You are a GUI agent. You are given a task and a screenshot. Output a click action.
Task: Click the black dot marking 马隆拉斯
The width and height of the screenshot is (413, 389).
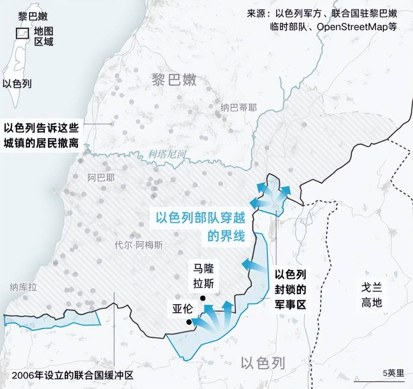[202, 298]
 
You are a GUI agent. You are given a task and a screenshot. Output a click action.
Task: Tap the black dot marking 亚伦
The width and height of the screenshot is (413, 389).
[189, 322]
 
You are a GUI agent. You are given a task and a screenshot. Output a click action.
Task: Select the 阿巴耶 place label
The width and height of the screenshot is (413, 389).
[101, 178]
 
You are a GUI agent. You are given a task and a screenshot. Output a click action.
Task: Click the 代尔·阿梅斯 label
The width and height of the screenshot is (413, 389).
[138, 245]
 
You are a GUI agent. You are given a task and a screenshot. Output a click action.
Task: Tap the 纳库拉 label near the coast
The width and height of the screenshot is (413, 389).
[23, 287]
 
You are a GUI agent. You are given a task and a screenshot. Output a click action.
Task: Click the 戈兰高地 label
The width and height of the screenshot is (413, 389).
[371, 295]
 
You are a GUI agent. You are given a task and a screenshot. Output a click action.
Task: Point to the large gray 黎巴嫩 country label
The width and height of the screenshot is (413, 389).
[174, 80]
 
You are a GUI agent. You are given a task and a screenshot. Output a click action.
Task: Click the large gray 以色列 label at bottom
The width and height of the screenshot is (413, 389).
[263, 364]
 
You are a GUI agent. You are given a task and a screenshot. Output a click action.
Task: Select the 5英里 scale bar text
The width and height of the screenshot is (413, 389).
[393, 373]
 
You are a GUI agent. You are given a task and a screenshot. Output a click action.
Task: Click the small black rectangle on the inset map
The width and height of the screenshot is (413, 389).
[22, 33]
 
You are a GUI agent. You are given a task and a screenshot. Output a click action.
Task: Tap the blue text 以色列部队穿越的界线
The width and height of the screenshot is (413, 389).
[201, 227]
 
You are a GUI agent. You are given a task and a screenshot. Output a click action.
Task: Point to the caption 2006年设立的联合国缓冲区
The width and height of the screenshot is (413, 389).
[73, 375]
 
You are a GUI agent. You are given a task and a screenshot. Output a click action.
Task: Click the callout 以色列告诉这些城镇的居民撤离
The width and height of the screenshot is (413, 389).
[41, 135]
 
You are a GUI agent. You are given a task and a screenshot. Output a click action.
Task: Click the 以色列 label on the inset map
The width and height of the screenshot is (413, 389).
[17, 83]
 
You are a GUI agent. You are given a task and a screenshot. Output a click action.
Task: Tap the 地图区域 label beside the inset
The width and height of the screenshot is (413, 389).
[44, 36]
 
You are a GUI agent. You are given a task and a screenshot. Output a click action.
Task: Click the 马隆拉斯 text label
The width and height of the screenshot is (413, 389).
[204, 276]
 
